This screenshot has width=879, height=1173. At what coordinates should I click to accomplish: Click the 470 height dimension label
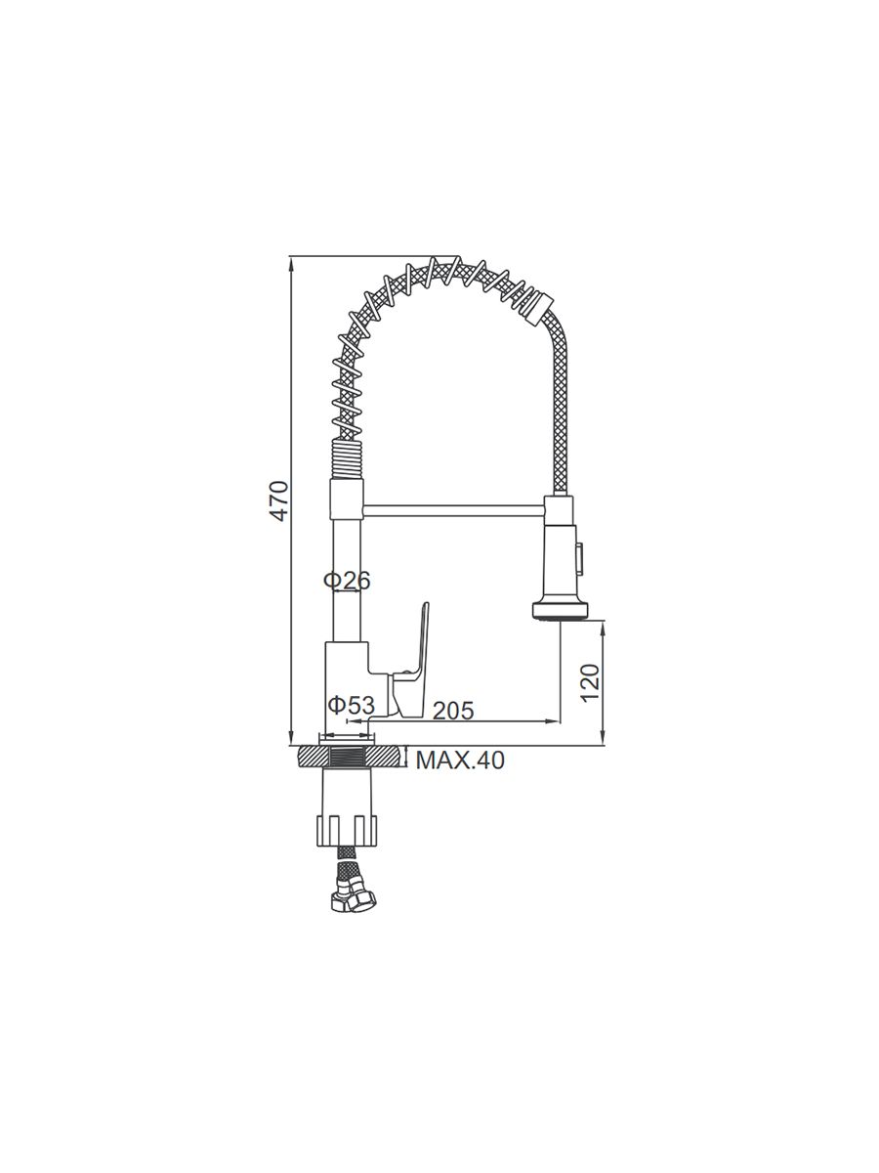(x=279, y=500)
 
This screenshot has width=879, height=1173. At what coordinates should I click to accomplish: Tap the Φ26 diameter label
(x=347, y=581)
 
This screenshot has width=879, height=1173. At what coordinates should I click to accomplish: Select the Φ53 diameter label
(x=352, y=705)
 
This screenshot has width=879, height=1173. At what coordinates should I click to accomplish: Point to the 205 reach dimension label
(x=453, y=711)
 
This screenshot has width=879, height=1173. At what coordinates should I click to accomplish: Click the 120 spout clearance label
(x=590, y=683)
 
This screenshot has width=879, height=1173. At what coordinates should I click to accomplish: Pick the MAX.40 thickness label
(x=460, y=760)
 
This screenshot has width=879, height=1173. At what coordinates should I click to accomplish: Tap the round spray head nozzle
(x=560, y=611)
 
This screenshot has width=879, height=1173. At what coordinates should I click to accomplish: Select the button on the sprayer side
(x=580, y=557)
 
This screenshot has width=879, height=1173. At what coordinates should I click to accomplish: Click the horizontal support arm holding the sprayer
(x=453, y=510)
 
